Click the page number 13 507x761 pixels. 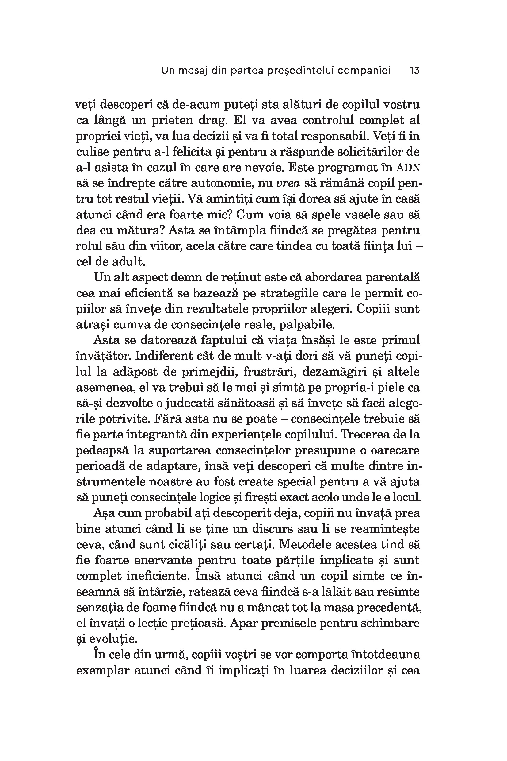click(x=414, y=70)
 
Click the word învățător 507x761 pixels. click(x=103, y=356)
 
